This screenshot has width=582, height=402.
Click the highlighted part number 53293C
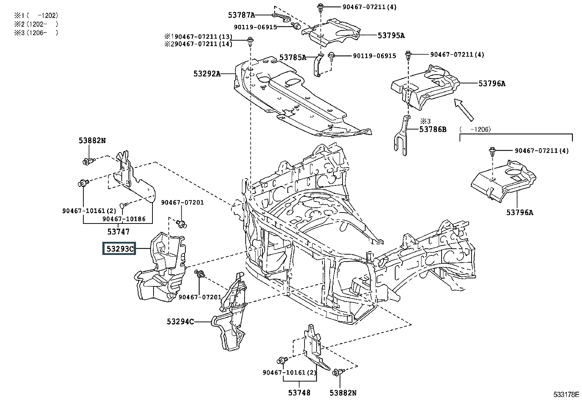[x=119, y=249]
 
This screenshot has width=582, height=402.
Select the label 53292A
[x=207, y=74]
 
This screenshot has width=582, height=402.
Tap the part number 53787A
[x=241, y=15]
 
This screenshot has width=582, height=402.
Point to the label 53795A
[x=391, y=35]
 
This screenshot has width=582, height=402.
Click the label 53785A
[x=292, y=57]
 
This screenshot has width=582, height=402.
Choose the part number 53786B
[x=433, y=129]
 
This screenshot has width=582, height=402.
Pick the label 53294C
[x=180, y=322]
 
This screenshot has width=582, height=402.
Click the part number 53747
[x=118, y=232]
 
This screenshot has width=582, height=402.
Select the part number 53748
[x=299, y=392]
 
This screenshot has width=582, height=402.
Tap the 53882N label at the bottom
[x=343, y=392]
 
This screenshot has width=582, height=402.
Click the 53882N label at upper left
[x=92, y=140]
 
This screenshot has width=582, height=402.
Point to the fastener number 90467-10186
[x=124, y=219]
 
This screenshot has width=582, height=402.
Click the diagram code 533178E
[x=566, y=394]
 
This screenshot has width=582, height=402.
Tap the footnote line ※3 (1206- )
[x=36, y=33]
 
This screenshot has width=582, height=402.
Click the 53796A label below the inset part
[x=519, y=212]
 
